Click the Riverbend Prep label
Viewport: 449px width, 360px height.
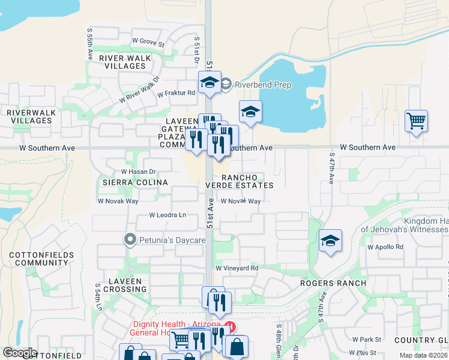[262, 85]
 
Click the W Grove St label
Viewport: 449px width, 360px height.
[148, 43]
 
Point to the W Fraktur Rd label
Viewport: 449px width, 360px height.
[176, 93]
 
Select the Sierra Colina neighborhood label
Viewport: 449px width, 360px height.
[134, 182]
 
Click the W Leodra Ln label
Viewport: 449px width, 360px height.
[168, 215]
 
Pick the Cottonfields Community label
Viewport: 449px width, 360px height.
[41, 259]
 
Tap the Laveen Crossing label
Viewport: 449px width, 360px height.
[125, 285]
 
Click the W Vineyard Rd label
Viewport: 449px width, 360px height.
[237, 268]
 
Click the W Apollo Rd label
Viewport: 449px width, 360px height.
[385, 247]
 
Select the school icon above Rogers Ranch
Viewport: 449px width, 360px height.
[330, 241]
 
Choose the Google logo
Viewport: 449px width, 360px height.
[20, 353]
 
